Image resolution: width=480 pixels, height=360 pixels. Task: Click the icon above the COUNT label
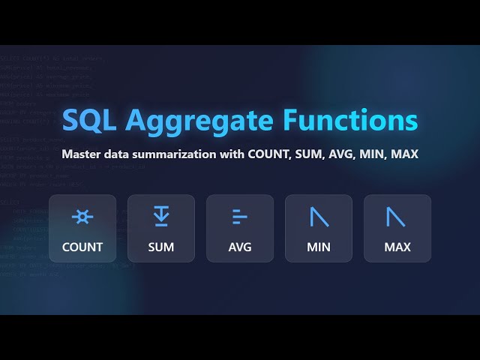82,217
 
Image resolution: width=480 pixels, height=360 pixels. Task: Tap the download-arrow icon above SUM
161,217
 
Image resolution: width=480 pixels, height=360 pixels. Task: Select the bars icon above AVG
239,217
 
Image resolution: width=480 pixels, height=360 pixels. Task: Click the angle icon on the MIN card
319,217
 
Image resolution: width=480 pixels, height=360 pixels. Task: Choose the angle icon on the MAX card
397,217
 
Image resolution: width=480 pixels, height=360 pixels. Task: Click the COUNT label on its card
82,247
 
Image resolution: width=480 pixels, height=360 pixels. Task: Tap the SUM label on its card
161,247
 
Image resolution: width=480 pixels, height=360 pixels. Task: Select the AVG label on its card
240,247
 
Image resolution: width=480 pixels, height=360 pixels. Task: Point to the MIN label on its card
319,247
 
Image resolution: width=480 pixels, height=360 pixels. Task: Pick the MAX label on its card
397,247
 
